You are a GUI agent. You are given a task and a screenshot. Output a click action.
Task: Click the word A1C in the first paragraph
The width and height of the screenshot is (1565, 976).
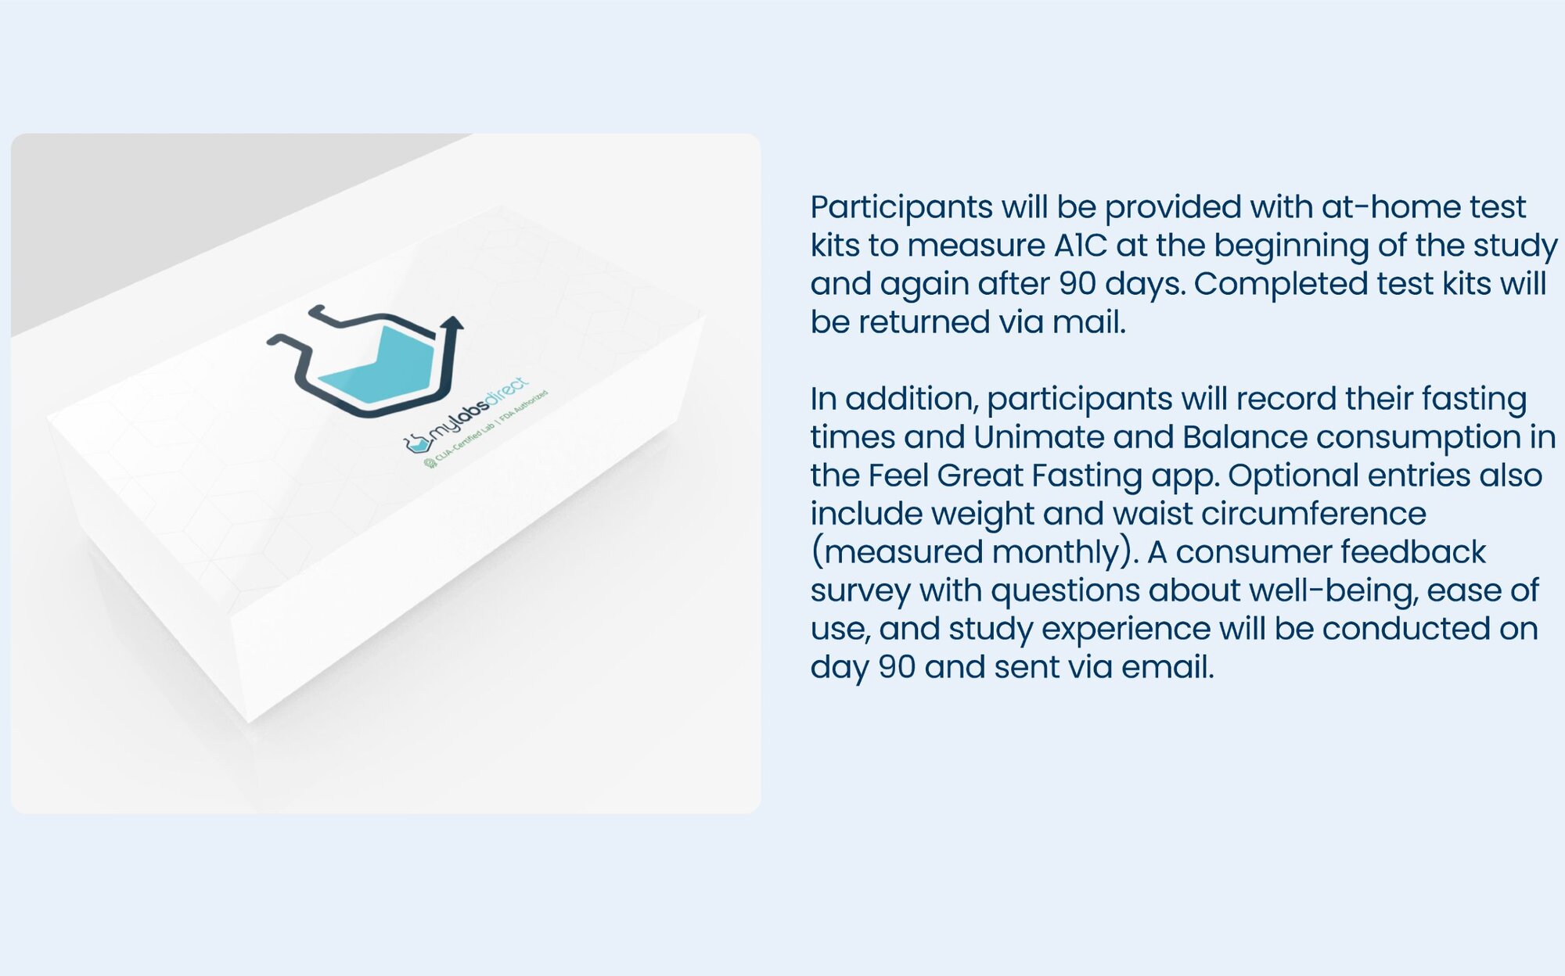pyautogui.click(x=1081, y=246)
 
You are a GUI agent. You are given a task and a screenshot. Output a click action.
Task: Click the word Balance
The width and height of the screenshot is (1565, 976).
pyautogui.click(x=1245, y=437)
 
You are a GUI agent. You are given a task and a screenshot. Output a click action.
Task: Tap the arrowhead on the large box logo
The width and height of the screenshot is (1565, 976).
pyautogui.click(x=452, y=322)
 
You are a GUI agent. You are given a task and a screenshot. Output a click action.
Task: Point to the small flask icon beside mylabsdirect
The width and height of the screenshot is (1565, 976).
pyautogui.click(x=417, y=443)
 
